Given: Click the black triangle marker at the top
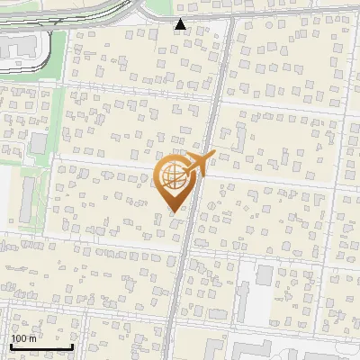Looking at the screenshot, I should coord(182,24).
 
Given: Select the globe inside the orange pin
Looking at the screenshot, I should coord(172,177).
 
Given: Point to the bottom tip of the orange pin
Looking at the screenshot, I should coord(173,211).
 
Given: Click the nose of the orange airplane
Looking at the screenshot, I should coord(211,156).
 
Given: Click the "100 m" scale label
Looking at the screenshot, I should coord(24,338).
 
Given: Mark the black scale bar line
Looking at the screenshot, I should coord(41,346).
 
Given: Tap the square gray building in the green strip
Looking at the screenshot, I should coord(39,142).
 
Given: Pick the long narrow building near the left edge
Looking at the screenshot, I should coord(28,200).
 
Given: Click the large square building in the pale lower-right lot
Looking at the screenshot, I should coord(265,274).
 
